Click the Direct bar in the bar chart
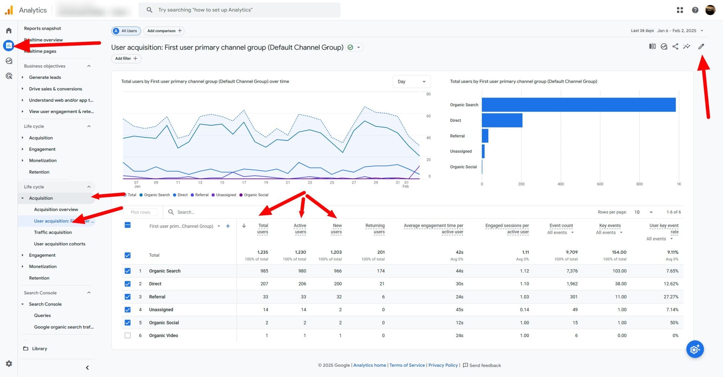coord(502,120)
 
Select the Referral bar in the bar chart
coord(485,136)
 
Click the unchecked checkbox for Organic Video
coord(127,335)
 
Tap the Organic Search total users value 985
coord(264,271)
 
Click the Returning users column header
coord(375,229)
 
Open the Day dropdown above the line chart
coord(411,82)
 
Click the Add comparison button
coord(164,31)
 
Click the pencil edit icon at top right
coord(701,46)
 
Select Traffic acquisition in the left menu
coord(53,232)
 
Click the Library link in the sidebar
coord(39,348)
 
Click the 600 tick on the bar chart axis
coord(600,184)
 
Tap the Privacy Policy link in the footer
coord(443,365)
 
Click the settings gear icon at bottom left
coord(9,364)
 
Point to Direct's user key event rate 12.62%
coord(671,284)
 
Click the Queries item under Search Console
coord(42,315)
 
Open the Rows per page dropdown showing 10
coord(643,212)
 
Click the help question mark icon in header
coord(695,10)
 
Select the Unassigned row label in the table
coord(161,310)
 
